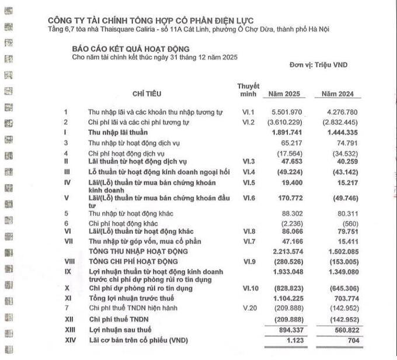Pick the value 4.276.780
point(339,112)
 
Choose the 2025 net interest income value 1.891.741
point(286,132)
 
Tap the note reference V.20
point(248,307)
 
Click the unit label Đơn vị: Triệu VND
point(318,65)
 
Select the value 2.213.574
point(286,251)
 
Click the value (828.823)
point(287,288)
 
